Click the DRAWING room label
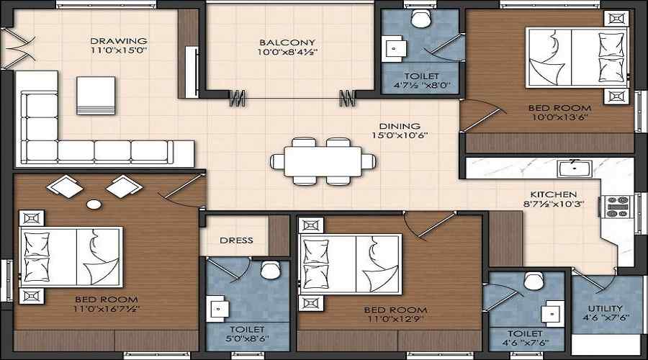tap(119, 41)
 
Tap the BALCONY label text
tap(287, 42)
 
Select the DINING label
tap(400, 126)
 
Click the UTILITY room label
tap(605, 308)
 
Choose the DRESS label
tap(236, 240)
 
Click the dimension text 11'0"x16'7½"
tap(107, 309)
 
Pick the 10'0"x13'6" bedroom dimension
tap(560, 117)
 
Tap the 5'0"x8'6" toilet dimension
tap(247, 338)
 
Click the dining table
tap(323, 161)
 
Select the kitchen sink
tap(575, 168)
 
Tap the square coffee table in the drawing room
tap(96, 96)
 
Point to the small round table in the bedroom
tap(94, 204)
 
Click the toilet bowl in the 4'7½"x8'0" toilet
tap(421, 19)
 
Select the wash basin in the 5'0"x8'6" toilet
tap(217, 309)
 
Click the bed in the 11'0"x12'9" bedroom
tap(350, 264)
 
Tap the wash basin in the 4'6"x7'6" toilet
tap(552, 314)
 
